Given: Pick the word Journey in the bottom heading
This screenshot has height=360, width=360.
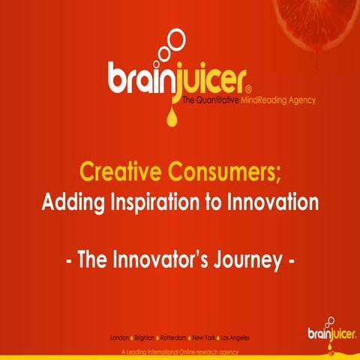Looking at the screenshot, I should click(245, 262).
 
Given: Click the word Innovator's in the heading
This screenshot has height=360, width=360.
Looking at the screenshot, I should click(163, 262).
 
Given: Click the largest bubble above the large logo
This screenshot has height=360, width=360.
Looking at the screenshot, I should click(175, 36).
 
